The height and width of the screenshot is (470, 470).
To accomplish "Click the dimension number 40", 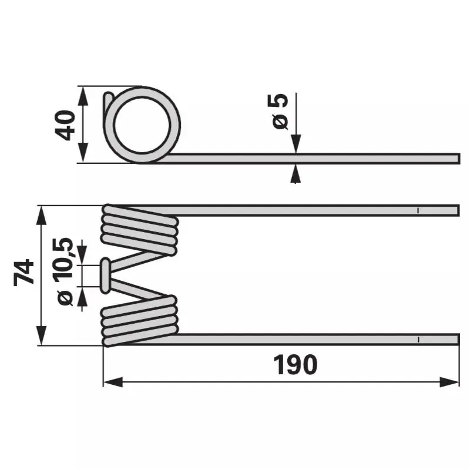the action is [65, 125].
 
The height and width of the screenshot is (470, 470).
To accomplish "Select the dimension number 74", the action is [23, 272].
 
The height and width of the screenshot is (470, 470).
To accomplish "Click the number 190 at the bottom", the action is [296, 364].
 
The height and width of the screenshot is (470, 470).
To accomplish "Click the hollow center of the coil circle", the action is [142, 125].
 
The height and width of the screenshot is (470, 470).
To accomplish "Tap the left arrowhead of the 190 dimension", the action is [113, 382].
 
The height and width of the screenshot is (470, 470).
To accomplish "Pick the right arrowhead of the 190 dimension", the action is [449, 382].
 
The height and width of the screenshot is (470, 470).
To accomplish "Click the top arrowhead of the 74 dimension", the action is [41, 215].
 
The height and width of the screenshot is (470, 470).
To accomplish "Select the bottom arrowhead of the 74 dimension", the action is [41, 335].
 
